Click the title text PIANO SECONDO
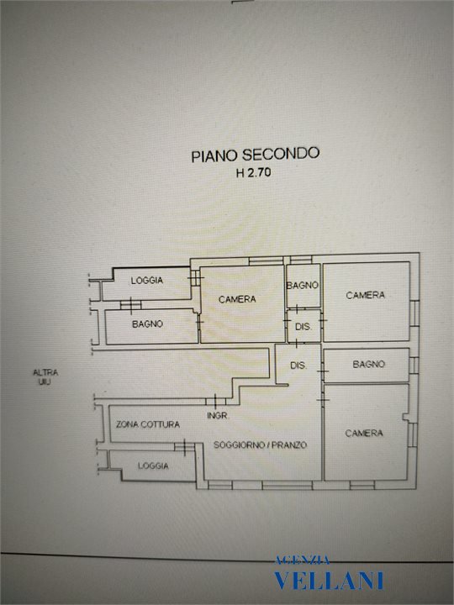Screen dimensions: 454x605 coord(256,155)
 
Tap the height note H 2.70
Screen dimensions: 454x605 coord(253,172)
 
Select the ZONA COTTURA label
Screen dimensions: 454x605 coord(148,424)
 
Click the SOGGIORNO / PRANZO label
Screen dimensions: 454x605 coord(260,445)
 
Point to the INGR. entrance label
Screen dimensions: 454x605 coord(218,416)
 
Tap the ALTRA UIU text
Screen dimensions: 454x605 coord(45,377)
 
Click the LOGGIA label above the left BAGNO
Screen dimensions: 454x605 coord(146,281)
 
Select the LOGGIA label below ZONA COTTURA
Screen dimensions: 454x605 coord(153,466)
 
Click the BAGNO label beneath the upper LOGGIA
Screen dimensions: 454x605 coord(147,324)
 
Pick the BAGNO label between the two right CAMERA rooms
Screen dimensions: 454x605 coord(369,364)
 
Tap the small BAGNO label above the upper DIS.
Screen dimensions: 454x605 coord(303,285)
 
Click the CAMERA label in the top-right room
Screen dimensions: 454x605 coord(365,295)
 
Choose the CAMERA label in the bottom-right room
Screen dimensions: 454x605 coord(364,433)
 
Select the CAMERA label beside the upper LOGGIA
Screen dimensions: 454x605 coord(237,299)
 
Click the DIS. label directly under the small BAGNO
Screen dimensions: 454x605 coord(304,327)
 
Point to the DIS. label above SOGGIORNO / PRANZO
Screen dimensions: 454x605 coord(298,365)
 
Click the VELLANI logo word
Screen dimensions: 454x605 coord(329,581)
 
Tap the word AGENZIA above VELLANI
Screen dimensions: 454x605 coord(303,560)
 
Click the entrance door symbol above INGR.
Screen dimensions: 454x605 coord(215,402)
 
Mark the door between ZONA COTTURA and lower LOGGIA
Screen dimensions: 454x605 coord(184,447)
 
